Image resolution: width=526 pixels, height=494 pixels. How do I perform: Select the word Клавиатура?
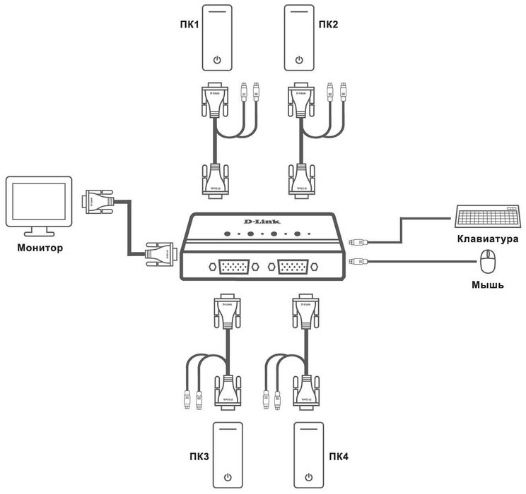pos(487,239)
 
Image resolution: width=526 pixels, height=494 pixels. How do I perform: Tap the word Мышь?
pos(486,284)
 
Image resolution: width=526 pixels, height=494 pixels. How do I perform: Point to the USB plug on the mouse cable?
pos(358,263)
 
